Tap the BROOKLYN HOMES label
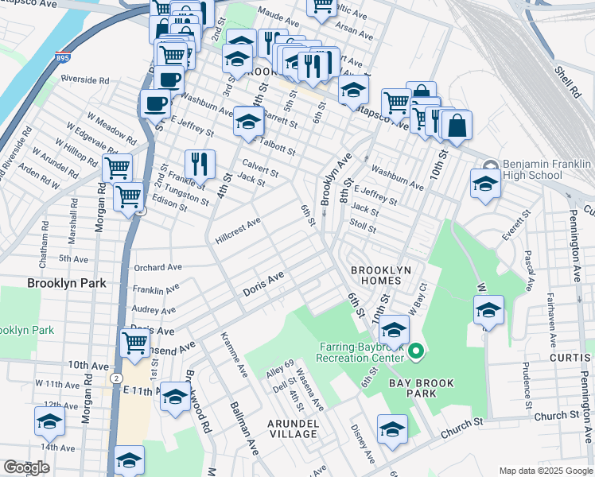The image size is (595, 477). [x=381, y=276]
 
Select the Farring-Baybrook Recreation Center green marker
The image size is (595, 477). [x=414, y=350]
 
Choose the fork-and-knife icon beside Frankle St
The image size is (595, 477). [x=200, y=164]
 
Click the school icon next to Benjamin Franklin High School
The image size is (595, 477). [x=485, y=182]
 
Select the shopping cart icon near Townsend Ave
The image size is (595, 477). [x=135, y=343]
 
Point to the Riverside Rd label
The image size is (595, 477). [x=84, y=80]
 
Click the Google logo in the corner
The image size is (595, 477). [x=26, y=467]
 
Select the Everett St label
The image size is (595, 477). [x=515, y=227]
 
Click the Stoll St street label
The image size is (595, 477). [x=363, y=227]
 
